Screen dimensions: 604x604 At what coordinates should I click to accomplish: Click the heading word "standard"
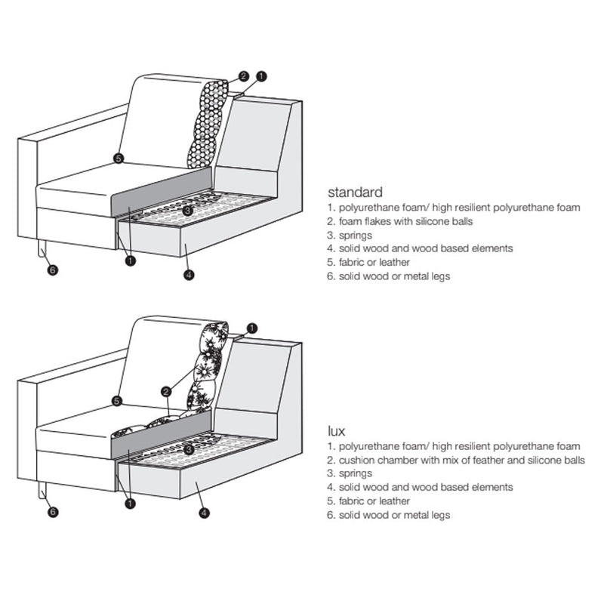click(x=355, y=193)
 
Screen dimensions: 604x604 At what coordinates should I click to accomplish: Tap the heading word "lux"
click(x=336, y=431)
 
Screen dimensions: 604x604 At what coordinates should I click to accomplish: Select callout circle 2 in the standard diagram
click(x=243, y=76)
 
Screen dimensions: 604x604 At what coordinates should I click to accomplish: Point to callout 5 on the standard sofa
click(x=118, y=158)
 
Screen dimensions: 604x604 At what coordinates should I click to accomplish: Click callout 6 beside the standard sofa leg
click(x=52, y=270)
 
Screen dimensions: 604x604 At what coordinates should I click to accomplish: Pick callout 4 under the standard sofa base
click(x=189, y=275)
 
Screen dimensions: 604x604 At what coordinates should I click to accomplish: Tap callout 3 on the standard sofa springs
click(x=188, y=211)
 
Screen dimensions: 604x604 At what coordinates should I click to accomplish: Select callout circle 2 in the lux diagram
click(x=165, y=391)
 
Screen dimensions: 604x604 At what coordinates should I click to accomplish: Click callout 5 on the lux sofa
click(x=117, y=400)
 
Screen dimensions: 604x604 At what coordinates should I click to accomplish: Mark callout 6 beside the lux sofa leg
click(x=52, y=512)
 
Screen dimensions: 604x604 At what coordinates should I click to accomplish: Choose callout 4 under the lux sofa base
click(x=204, y=513)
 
